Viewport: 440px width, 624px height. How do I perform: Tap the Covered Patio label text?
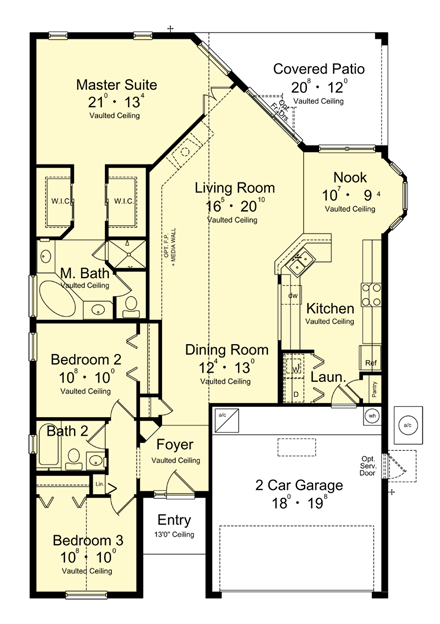coord(320,70)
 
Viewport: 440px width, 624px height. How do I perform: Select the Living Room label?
coord(234,187)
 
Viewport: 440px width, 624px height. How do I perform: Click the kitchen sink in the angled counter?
coord(300,263)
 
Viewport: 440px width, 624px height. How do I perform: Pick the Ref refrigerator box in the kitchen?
coord(370,362)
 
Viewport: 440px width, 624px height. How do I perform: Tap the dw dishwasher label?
coord(292,297)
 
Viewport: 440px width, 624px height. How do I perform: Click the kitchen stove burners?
coord(370,293)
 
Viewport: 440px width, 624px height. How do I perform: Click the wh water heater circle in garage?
coord(371,415)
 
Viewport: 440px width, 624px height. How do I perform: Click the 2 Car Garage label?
coord(299,486)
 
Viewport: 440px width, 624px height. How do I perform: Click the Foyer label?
coord(175,445)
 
